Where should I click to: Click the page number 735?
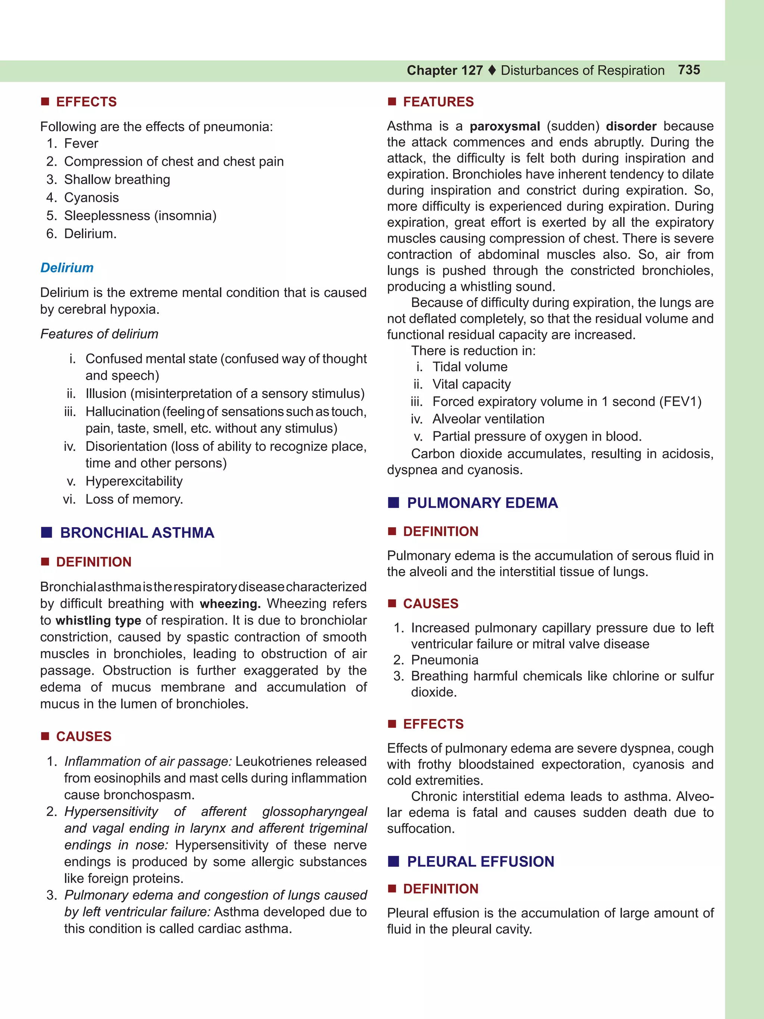[x=689, y=70]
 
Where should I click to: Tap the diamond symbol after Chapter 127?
[x=492, y=71]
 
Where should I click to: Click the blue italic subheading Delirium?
[x=67, y=268]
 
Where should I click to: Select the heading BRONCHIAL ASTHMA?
[x=137, y=532]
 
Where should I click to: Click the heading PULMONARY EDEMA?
[x=482, y=503]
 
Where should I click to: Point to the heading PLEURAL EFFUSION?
[x=480, y=862]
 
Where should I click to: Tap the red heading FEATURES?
[x=438, y=102]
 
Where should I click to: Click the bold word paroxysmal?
[x=505, y=126]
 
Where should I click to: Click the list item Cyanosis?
[x=91, y=198]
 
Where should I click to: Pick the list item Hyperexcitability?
[x=134, y=481]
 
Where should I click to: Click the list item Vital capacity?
[x=472, y=384]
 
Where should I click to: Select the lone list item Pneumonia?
[x=444, y=660]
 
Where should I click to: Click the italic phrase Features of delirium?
[x=99, y=334]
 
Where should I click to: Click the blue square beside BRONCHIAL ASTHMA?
[x=47, y=532]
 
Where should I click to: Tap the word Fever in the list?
[x=81, y=144]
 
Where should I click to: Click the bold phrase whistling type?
[x=98, y=621]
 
